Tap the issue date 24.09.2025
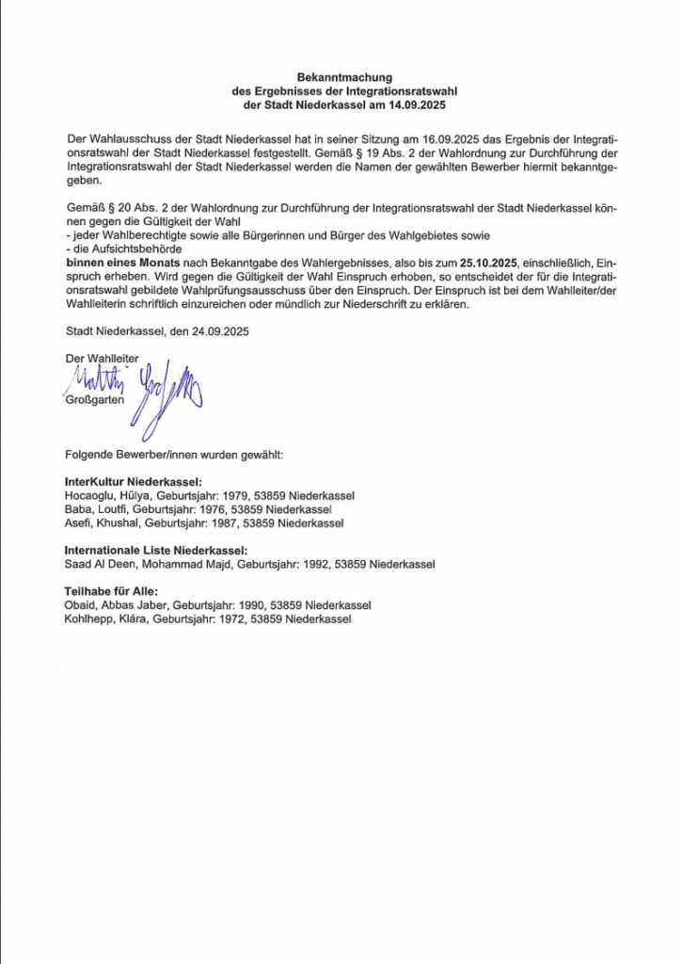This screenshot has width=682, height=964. click(x=218, y=331)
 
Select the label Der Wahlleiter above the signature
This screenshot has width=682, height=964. click(x=101, y=359)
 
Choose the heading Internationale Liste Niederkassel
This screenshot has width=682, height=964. click(x=156, y=551)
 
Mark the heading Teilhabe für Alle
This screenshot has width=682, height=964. click(x=111, y=592)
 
